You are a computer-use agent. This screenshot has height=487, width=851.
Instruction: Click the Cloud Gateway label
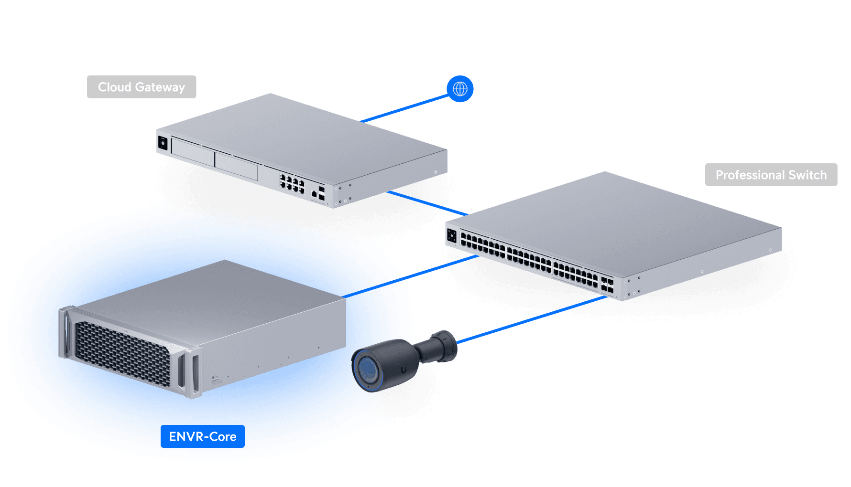pos(142,87)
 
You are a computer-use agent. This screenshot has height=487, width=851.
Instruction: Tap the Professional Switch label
pos(771,175)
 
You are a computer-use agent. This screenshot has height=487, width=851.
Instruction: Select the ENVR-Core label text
pos(203,437)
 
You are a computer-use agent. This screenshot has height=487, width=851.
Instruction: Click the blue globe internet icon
pos(460,89)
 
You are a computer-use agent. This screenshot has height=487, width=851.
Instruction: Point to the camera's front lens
pos(367,370)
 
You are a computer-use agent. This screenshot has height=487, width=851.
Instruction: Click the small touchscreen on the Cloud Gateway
pos(163,143)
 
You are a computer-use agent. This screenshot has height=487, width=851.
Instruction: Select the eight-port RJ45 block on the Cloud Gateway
pos(292,184)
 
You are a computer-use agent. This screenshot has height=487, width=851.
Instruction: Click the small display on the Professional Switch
pos(452,235)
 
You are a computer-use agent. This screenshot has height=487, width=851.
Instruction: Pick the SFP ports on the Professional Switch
pos(607,285)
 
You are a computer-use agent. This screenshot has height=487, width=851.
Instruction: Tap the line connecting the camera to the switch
pos(531,319)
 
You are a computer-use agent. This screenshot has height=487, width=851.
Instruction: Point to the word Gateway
pos(160,87)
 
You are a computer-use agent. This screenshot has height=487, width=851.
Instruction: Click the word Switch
pos(807,175)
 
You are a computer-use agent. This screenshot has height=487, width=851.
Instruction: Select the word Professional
pos(750,175)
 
